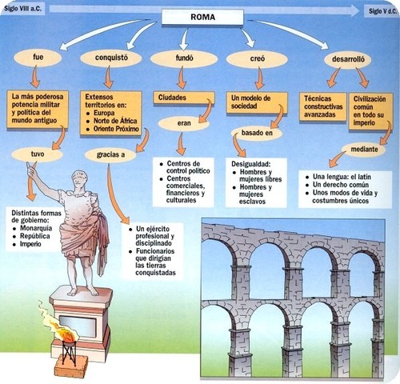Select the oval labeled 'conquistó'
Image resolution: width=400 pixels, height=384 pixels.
(x=110, y=58)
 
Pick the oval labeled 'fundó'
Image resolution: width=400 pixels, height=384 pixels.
(x=183, y=58)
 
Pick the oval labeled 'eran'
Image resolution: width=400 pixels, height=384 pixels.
(x=183, y=124)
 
